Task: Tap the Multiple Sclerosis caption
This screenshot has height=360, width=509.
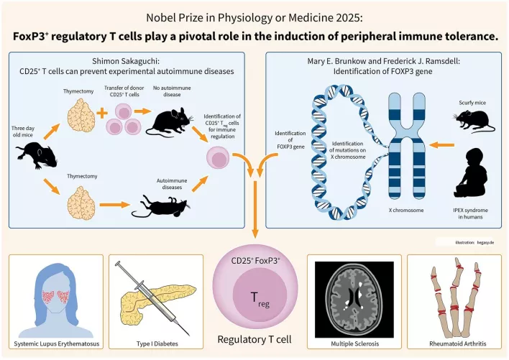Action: pyautogui.click(x=352, y=343)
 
